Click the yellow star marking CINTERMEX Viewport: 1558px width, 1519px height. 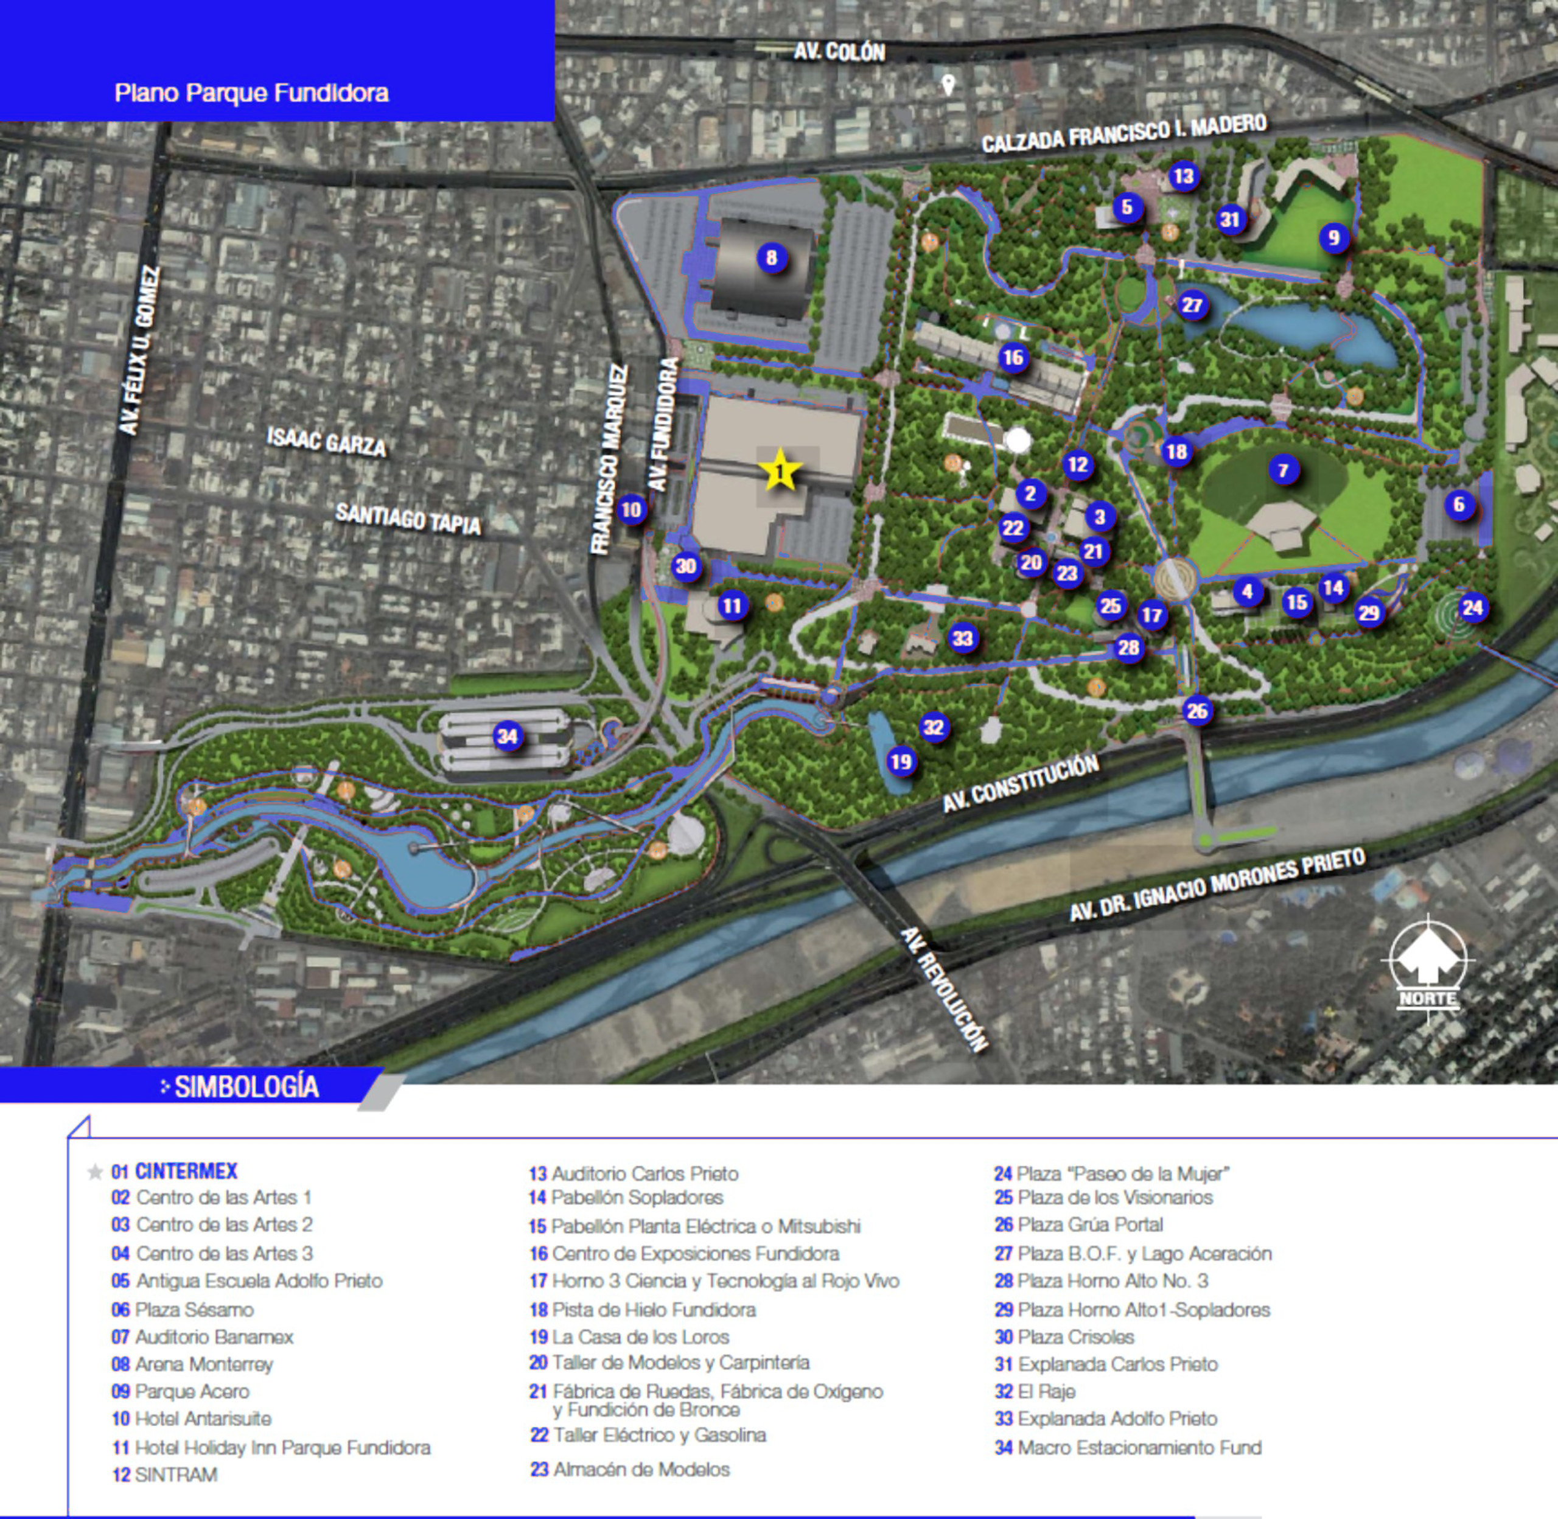(780, 470)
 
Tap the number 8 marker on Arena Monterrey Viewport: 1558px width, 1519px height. (772, 257)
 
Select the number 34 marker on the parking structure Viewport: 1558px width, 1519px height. (508, 736)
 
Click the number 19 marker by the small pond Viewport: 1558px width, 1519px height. (901, 762)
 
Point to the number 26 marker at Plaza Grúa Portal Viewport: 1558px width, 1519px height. (1196, 711)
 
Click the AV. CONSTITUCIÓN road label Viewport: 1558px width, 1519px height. (1021, 784)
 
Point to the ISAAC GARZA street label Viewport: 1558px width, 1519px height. (326, 441)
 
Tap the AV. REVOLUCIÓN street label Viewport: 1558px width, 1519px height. (945, 990)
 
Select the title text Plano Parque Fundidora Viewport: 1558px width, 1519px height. (251, 93)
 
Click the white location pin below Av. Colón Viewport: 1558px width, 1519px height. (948, 85)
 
